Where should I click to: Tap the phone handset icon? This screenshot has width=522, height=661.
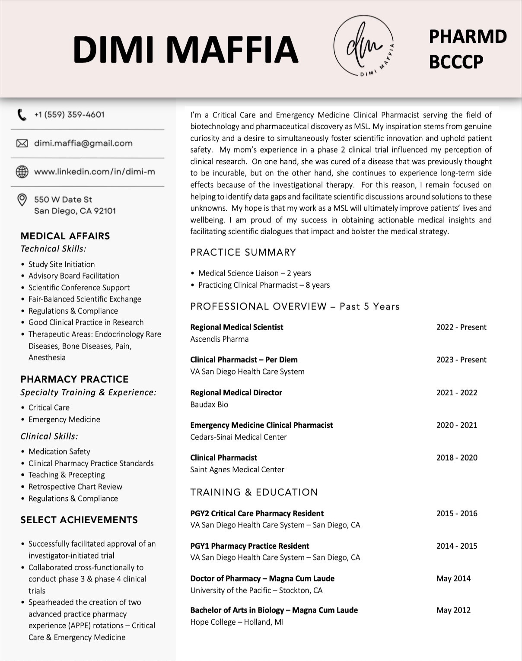(x=21, y=115)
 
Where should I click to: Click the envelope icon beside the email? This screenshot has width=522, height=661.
(x=22, y=143)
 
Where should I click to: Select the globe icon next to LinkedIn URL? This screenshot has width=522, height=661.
(x=22, y=172)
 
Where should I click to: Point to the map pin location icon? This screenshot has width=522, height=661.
(x=22, y=200)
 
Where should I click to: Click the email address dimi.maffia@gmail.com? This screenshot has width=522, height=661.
(x=83, y=143)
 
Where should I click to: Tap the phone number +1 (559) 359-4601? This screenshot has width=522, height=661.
(x=69, y=114)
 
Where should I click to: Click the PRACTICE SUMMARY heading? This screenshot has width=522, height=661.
(x=243, y=252)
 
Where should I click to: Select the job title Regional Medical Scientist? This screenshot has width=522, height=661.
(x=236, y=327)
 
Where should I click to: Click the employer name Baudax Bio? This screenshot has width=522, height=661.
(x=209, y=404)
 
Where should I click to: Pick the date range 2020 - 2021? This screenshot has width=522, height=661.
(x=456, y=425)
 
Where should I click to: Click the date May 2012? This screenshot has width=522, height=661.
(x=453, y=610)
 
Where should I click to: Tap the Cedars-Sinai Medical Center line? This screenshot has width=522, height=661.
(x=238, y=437)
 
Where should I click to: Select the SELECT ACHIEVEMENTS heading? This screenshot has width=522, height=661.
(x=79, y=520)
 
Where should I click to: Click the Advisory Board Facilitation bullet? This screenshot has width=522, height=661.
(x=73, y=276)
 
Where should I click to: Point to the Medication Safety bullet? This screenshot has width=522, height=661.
(x=59, y=451)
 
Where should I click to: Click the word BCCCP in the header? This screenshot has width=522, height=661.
(x=455, y=62)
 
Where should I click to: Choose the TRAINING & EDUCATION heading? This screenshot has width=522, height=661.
(x=254, y=492)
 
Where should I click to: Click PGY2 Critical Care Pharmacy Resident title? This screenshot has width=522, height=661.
(x=257, y=513)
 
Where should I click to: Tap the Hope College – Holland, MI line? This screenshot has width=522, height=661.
(x=237, y=622)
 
